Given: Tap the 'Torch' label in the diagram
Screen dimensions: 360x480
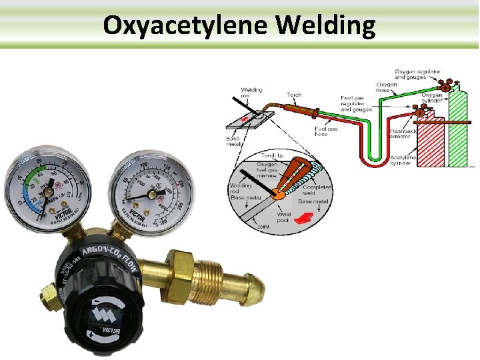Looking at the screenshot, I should (x=294, y=95).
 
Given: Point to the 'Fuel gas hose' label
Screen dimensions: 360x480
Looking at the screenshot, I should (x=326, y=131).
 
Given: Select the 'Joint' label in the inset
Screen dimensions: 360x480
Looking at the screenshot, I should (x=263, y=227).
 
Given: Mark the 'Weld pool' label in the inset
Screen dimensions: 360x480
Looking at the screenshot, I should (x=284, y=217).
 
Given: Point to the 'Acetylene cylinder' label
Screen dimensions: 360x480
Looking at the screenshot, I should (x=405, y=160).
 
